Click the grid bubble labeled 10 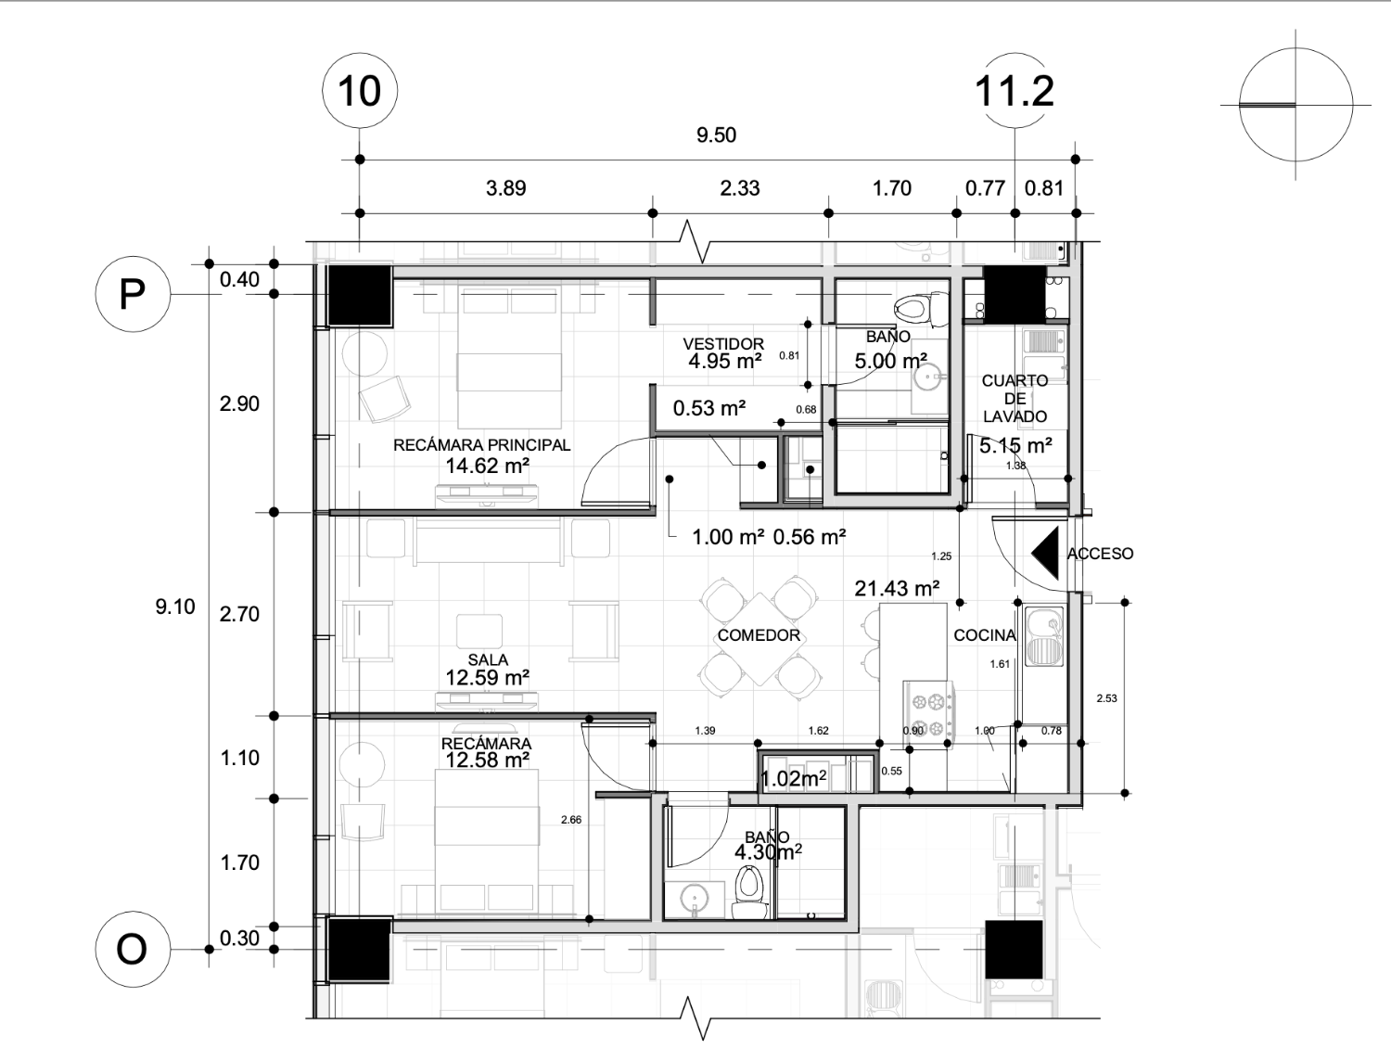[360, 91]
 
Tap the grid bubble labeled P [134, 294]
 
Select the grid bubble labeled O [134, 949]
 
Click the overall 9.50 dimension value [716, 135]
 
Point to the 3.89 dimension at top [505, 188]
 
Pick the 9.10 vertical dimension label [175, 607]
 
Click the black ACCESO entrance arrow [1046, 553]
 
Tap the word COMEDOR [759, 635]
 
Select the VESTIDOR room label [723, 344]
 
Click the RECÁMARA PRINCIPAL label [481, 445]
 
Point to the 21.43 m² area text [897, 589]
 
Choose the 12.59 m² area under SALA [488, 678]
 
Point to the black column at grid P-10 [359, 296]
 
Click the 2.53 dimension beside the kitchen [1106, 698]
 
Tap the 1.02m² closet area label [793, 778]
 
